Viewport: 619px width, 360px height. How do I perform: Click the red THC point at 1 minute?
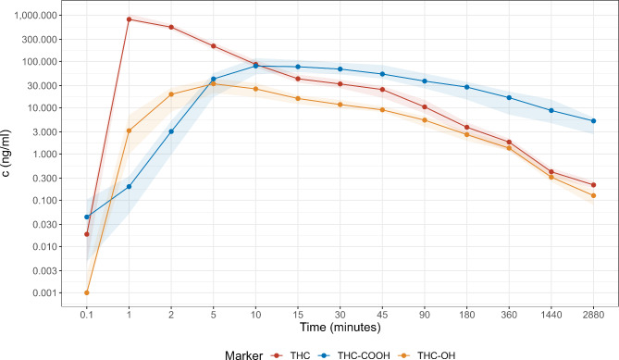tap(130, 19)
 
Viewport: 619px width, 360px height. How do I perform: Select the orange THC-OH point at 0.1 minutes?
tap(87, 292)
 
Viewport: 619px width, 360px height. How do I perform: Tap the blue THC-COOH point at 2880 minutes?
tap(593, 121)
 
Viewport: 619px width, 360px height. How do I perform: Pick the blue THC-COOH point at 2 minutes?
tap(171, 131)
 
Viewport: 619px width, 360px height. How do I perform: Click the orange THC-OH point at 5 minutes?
tap(214, 83)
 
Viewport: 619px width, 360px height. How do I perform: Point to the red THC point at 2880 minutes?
tap(593, 185)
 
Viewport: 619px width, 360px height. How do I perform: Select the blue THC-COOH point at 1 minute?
tap(130, 186)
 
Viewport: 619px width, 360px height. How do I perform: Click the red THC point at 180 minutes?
tap(466, 127)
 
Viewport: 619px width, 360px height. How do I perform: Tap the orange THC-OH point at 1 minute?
tap(130, 130)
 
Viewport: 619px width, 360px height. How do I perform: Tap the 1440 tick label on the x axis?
tap(551, 314)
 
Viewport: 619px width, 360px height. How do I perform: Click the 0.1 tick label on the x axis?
tap(87, 314)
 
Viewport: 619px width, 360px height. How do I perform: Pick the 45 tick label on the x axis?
tap(382, 314)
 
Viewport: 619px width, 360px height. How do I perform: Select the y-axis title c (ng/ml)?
tap(8, 155)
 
